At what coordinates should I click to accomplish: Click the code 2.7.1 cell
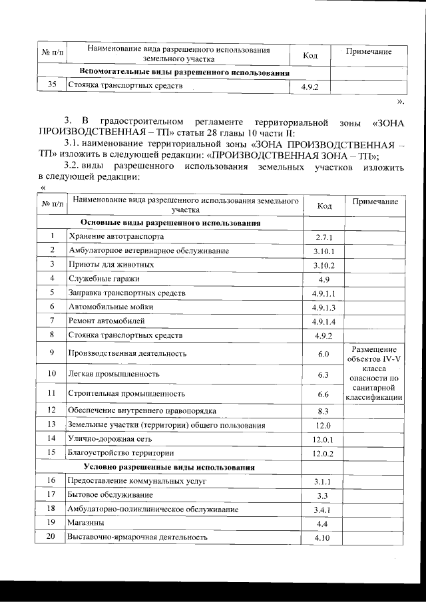323,237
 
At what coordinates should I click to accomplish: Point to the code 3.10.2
324,265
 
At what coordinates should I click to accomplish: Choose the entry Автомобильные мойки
110,307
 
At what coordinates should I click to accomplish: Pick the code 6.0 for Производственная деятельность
324,353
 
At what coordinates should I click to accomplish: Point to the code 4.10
324,537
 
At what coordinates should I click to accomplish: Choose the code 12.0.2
324,454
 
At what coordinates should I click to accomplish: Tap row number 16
52,481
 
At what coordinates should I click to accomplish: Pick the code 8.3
324,411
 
